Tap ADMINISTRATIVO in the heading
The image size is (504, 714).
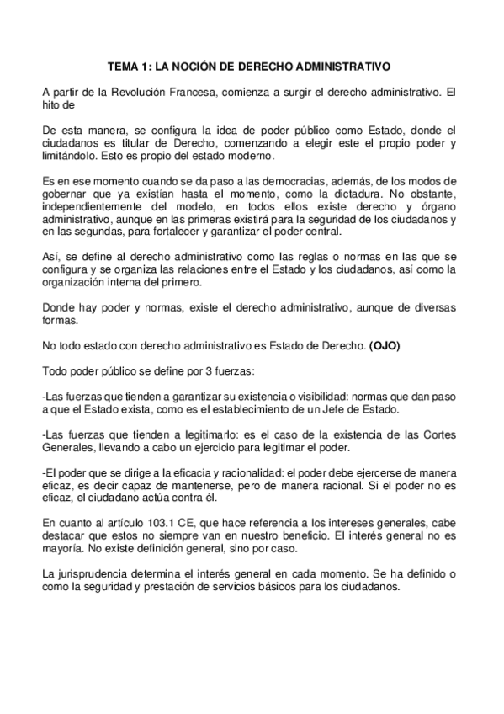pos(339,64)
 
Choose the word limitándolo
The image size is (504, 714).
pos(73,157)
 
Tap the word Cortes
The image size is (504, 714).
pos(440,432)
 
